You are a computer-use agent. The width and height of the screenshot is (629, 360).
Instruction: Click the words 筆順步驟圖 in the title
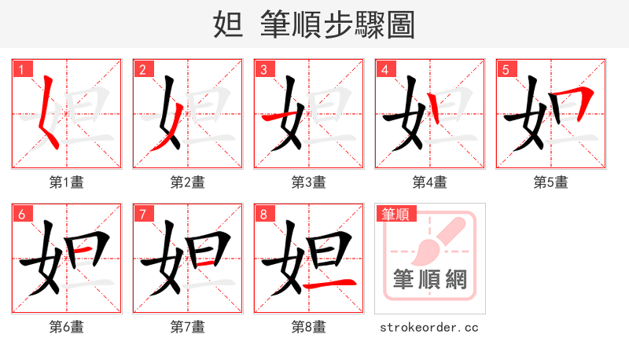pos(337,25)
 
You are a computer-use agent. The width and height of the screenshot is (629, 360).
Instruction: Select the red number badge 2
pos(142,69)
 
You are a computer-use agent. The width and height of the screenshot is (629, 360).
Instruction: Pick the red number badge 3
pos(263,69)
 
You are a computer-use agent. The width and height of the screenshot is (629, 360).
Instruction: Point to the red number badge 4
pos(384,69)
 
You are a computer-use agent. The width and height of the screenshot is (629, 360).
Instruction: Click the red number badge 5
pos(506,69)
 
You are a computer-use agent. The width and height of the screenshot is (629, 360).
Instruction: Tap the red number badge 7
pos(142,214)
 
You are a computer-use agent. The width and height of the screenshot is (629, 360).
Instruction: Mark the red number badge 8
pos(263,214)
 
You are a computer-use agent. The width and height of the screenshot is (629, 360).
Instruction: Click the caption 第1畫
pos(67,182)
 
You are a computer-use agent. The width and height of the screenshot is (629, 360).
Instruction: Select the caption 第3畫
pos(309,182)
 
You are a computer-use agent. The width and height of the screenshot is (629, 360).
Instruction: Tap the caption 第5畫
pos(551,182)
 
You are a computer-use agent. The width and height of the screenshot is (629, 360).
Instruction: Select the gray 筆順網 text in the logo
pos(430,280)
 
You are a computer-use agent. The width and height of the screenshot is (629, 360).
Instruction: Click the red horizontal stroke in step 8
pos(330,284)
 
